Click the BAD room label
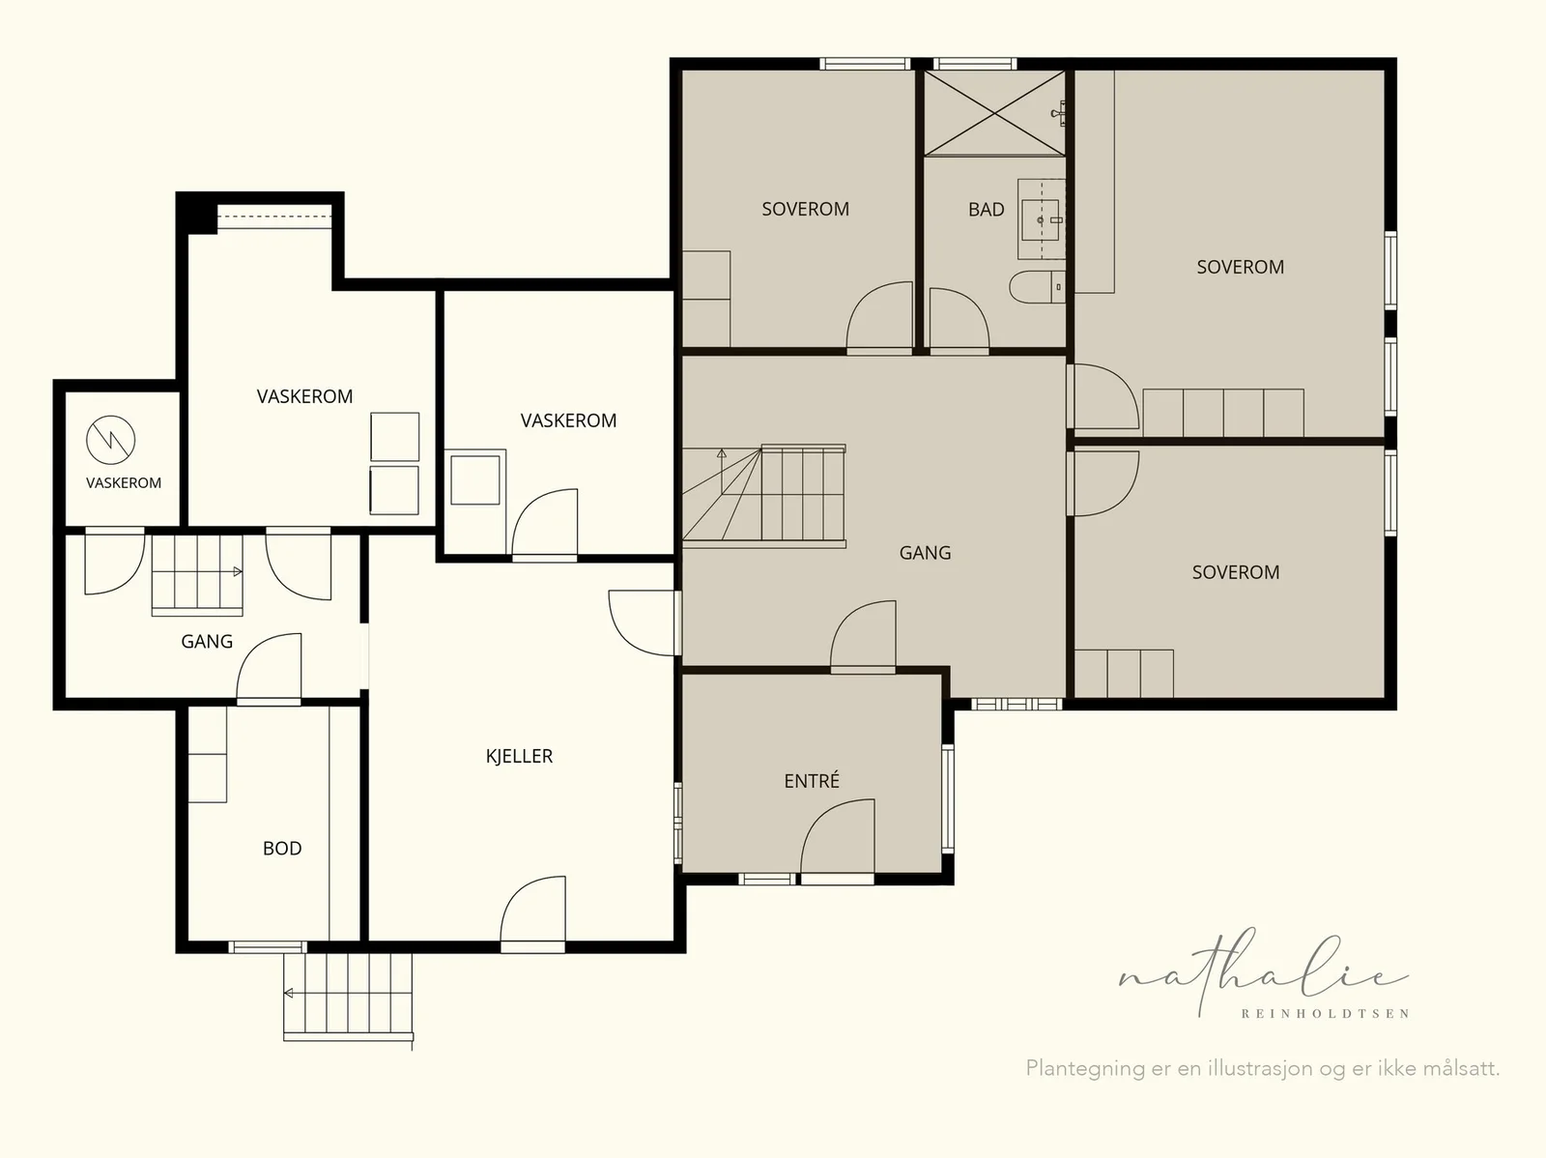click(987, 209)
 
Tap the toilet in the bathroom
click(1037, 287)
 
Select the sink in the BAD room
click(1041, 219)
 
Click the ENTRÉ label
click(812, 780)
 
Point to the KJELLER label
click(519, 757)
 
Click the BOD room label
click(282, 849)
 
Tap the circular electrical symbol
click(110, 440)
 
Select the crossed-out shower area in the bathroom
click(994, 113)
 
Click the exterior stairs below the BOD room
click(348, 996)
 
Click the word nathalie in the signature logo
click(1263, 972)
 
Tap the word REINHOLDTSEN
click(1325, 1014)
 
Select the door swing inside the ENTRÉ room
click(838, 839)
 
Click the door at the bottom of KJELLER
click(532, 912)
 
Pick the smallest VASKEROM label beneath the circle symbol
click(124, 483)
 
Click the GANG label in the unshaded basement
click(207, 642)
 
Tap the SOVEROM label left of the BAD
click(805, 209)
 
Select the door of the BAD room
click(959, 318)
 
